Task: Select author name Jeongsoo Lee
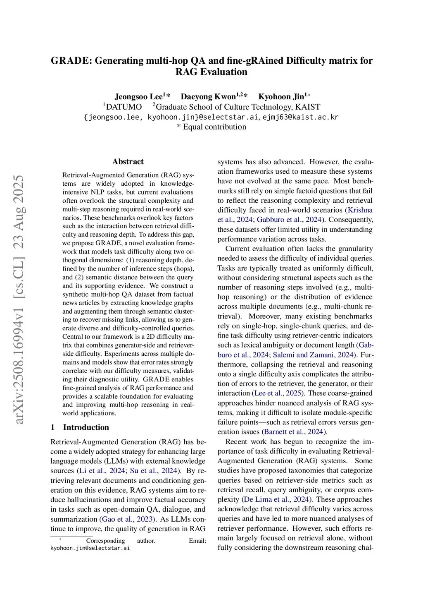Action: coord(139,97)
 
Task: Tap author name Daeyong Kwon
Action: coord(208,97)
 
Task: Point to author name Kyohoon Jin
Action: coord(281,97)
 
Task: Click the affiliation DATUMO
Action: coord(124,107)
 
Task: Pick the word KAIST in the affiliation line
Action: coord(308,107)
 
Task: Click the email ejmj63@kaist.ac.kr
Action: coord(300,117)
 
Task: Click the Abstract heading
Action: coord(128,162)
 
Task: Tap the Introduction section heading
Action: coord(86,427)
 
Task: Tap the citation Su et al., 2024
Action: coord(154,471)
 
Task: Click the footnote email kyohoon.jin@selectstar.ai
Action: coord(90,548)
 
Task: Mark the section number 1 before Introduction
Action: coord(52,427)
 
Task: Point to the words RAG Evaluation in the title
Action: coord(211,72)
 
